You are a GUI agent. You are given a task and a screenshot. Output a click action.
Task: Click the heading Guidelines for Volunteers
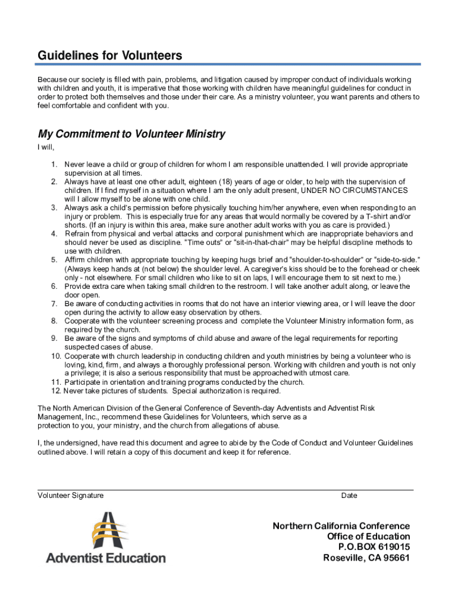click(110, 56)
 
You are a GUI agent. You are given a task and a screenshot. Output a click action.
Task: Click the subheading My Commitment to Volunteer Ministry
click(131, 134)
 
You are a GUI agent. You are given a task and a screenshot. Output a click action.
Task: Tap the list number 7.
click(54, 304)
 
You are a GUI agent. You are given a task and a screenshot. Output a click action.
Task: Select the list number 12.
click(55, 391)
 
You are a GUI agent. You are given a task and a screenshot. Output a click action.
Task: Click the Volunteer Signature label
click(71, 496)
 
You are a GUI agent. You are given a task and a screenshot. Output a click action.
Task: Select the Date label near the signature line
click(349, 496)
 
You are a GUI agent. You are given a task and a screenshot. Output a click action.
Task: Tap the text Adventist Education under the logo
click(106, 558)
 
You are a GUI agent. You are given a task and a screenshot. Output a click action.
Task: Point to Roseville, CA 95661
click(366, 558)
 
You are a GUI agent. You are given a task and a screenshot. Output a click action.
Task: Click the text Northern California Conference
click(341, 526)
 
